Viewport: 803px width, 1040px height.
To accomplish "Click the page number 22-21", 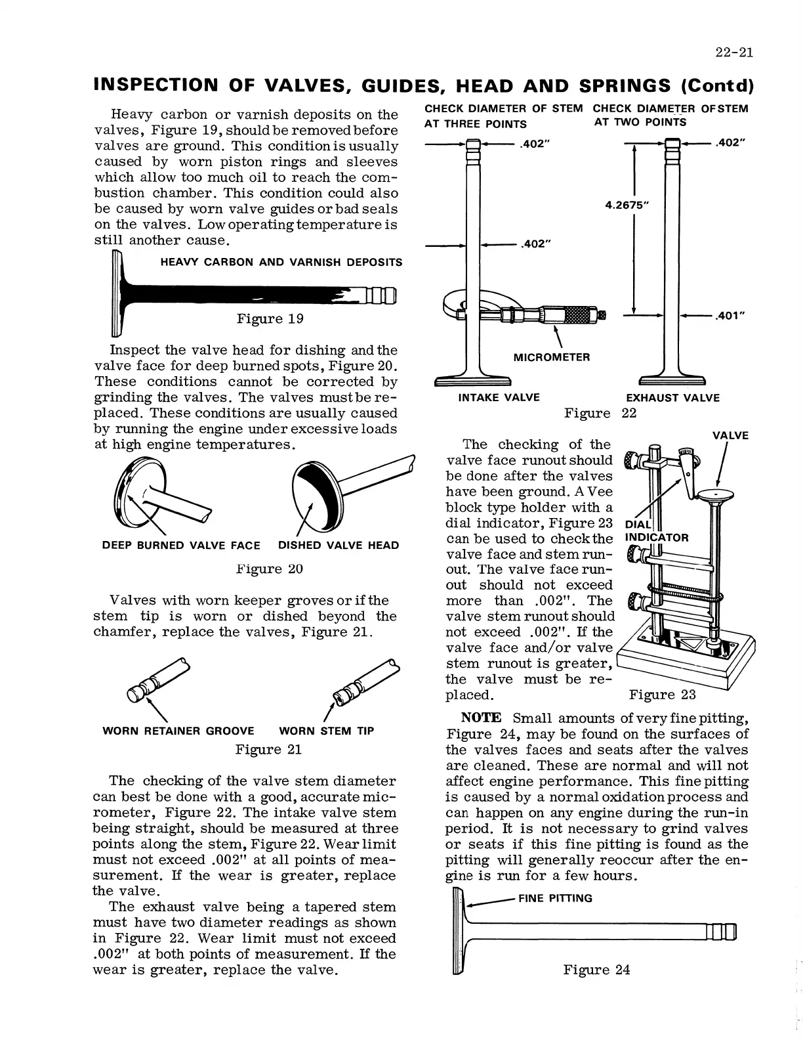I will (733, 53).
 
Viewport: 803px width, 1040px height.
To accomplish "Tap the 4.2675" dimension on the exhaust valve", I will (627, 205).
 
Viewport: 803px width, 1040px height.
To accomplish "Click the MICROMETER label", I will (551, 357).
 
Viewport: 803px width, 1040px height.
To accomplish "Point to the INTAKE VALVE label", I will (499, 397).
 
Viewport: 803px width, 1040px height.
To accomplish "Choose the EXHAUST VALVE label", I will (672, 398).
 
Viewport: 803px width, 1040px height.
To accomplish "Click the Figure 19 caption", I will (270, 319).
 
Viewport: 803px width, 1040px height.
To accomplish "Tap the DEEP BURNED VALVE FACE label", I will (181, 546).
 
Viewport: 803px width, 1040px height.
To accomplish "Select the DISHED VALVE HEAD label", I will (338, 546).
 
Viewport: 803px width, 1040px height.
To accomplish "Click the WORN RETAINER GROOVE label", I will (178, 731).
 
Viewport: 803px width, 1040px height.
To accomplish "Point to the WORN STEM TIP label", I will (326, 731).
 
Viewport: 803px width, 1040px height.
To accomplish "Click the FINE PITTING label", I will (555, 898).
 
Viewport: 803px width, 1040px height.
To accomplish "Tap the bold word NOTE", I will (482, 718).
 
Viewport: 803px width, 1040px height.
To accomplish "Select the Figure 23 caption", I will (662, 695).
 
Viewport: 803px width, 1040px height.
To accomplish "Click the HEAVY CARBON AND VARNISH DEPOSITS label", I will (281, 263).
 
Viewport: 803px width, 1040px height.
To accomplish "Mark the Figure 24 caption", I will (596, 970).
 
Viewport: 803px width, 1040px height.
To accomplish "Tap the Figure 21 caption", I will (268, 750).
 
